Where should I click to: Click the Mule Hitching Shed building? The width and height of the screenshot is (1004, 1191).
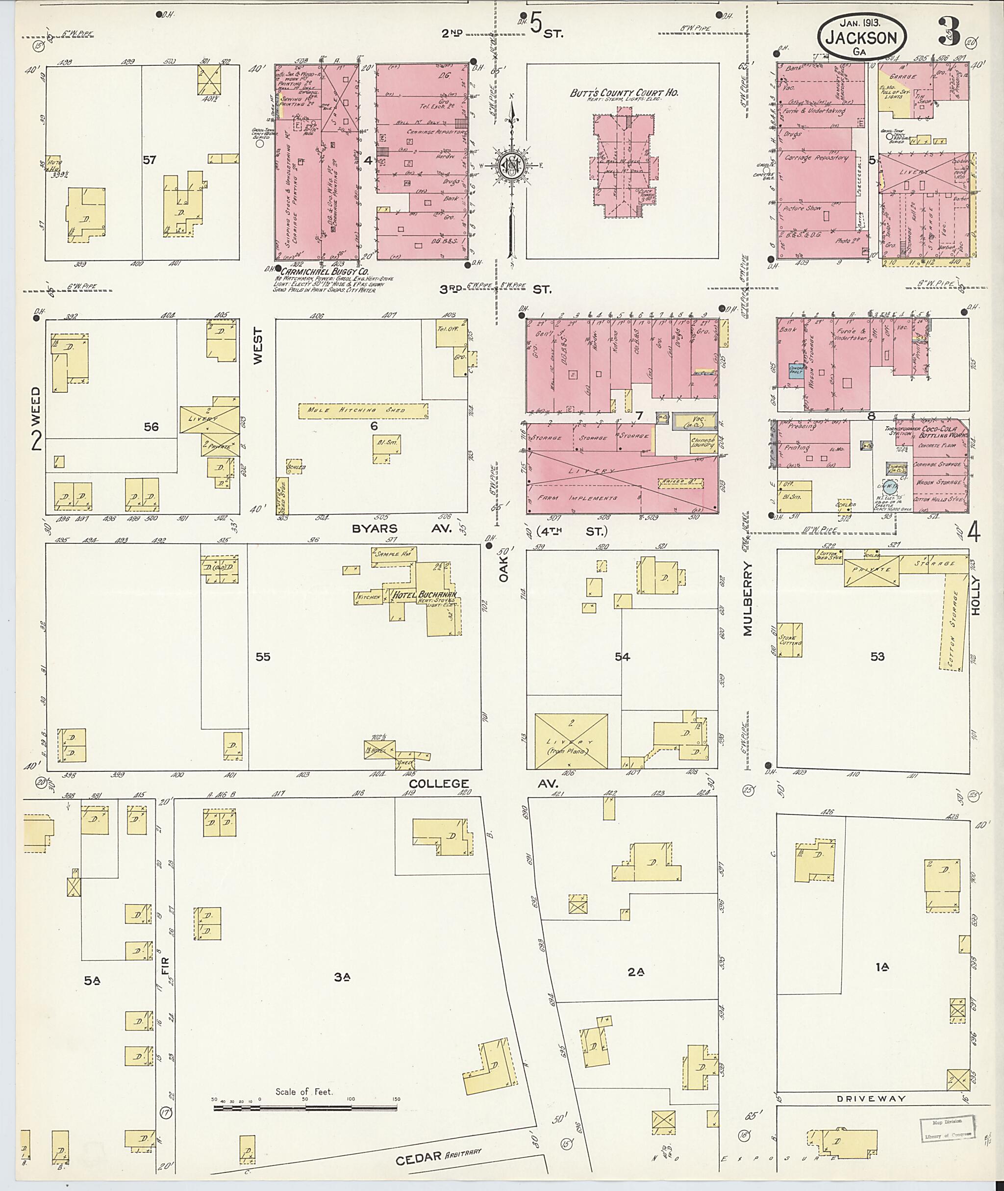(363, 410)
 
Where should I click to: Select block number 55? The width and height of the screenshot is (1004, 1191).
(262, 657)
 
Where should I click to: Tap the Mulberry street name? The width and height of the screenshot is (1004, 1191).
(747, 599)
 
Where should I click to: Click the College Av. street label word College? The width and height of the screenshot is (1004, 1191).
(439, 784)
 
